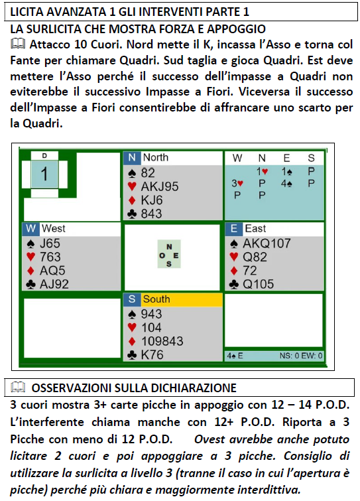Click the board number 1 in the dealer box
point(44,174)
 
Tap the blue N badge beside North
point(132,157)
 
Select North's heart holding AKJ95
point(160,186)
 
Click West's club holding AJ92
point(54,285)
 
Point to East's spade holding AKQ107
point(267,244)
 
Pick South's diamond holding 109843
point(162,341)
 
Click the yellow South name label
point(182,299)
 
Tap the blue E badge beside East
point(233,229)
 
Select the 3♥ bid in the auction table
point(237,183)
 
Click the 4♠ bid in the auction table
point(286,183)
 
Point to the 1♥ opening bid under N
point(262,172)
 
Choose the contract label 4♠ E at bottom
point(235,356)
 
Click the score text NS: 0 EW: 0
point(301,356)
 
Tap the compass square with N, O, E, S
point(169,255)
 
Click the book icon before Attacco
point(18,44)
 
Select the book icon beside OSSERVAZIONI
point(18,388)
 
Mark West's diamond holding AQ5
point(52,271)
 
